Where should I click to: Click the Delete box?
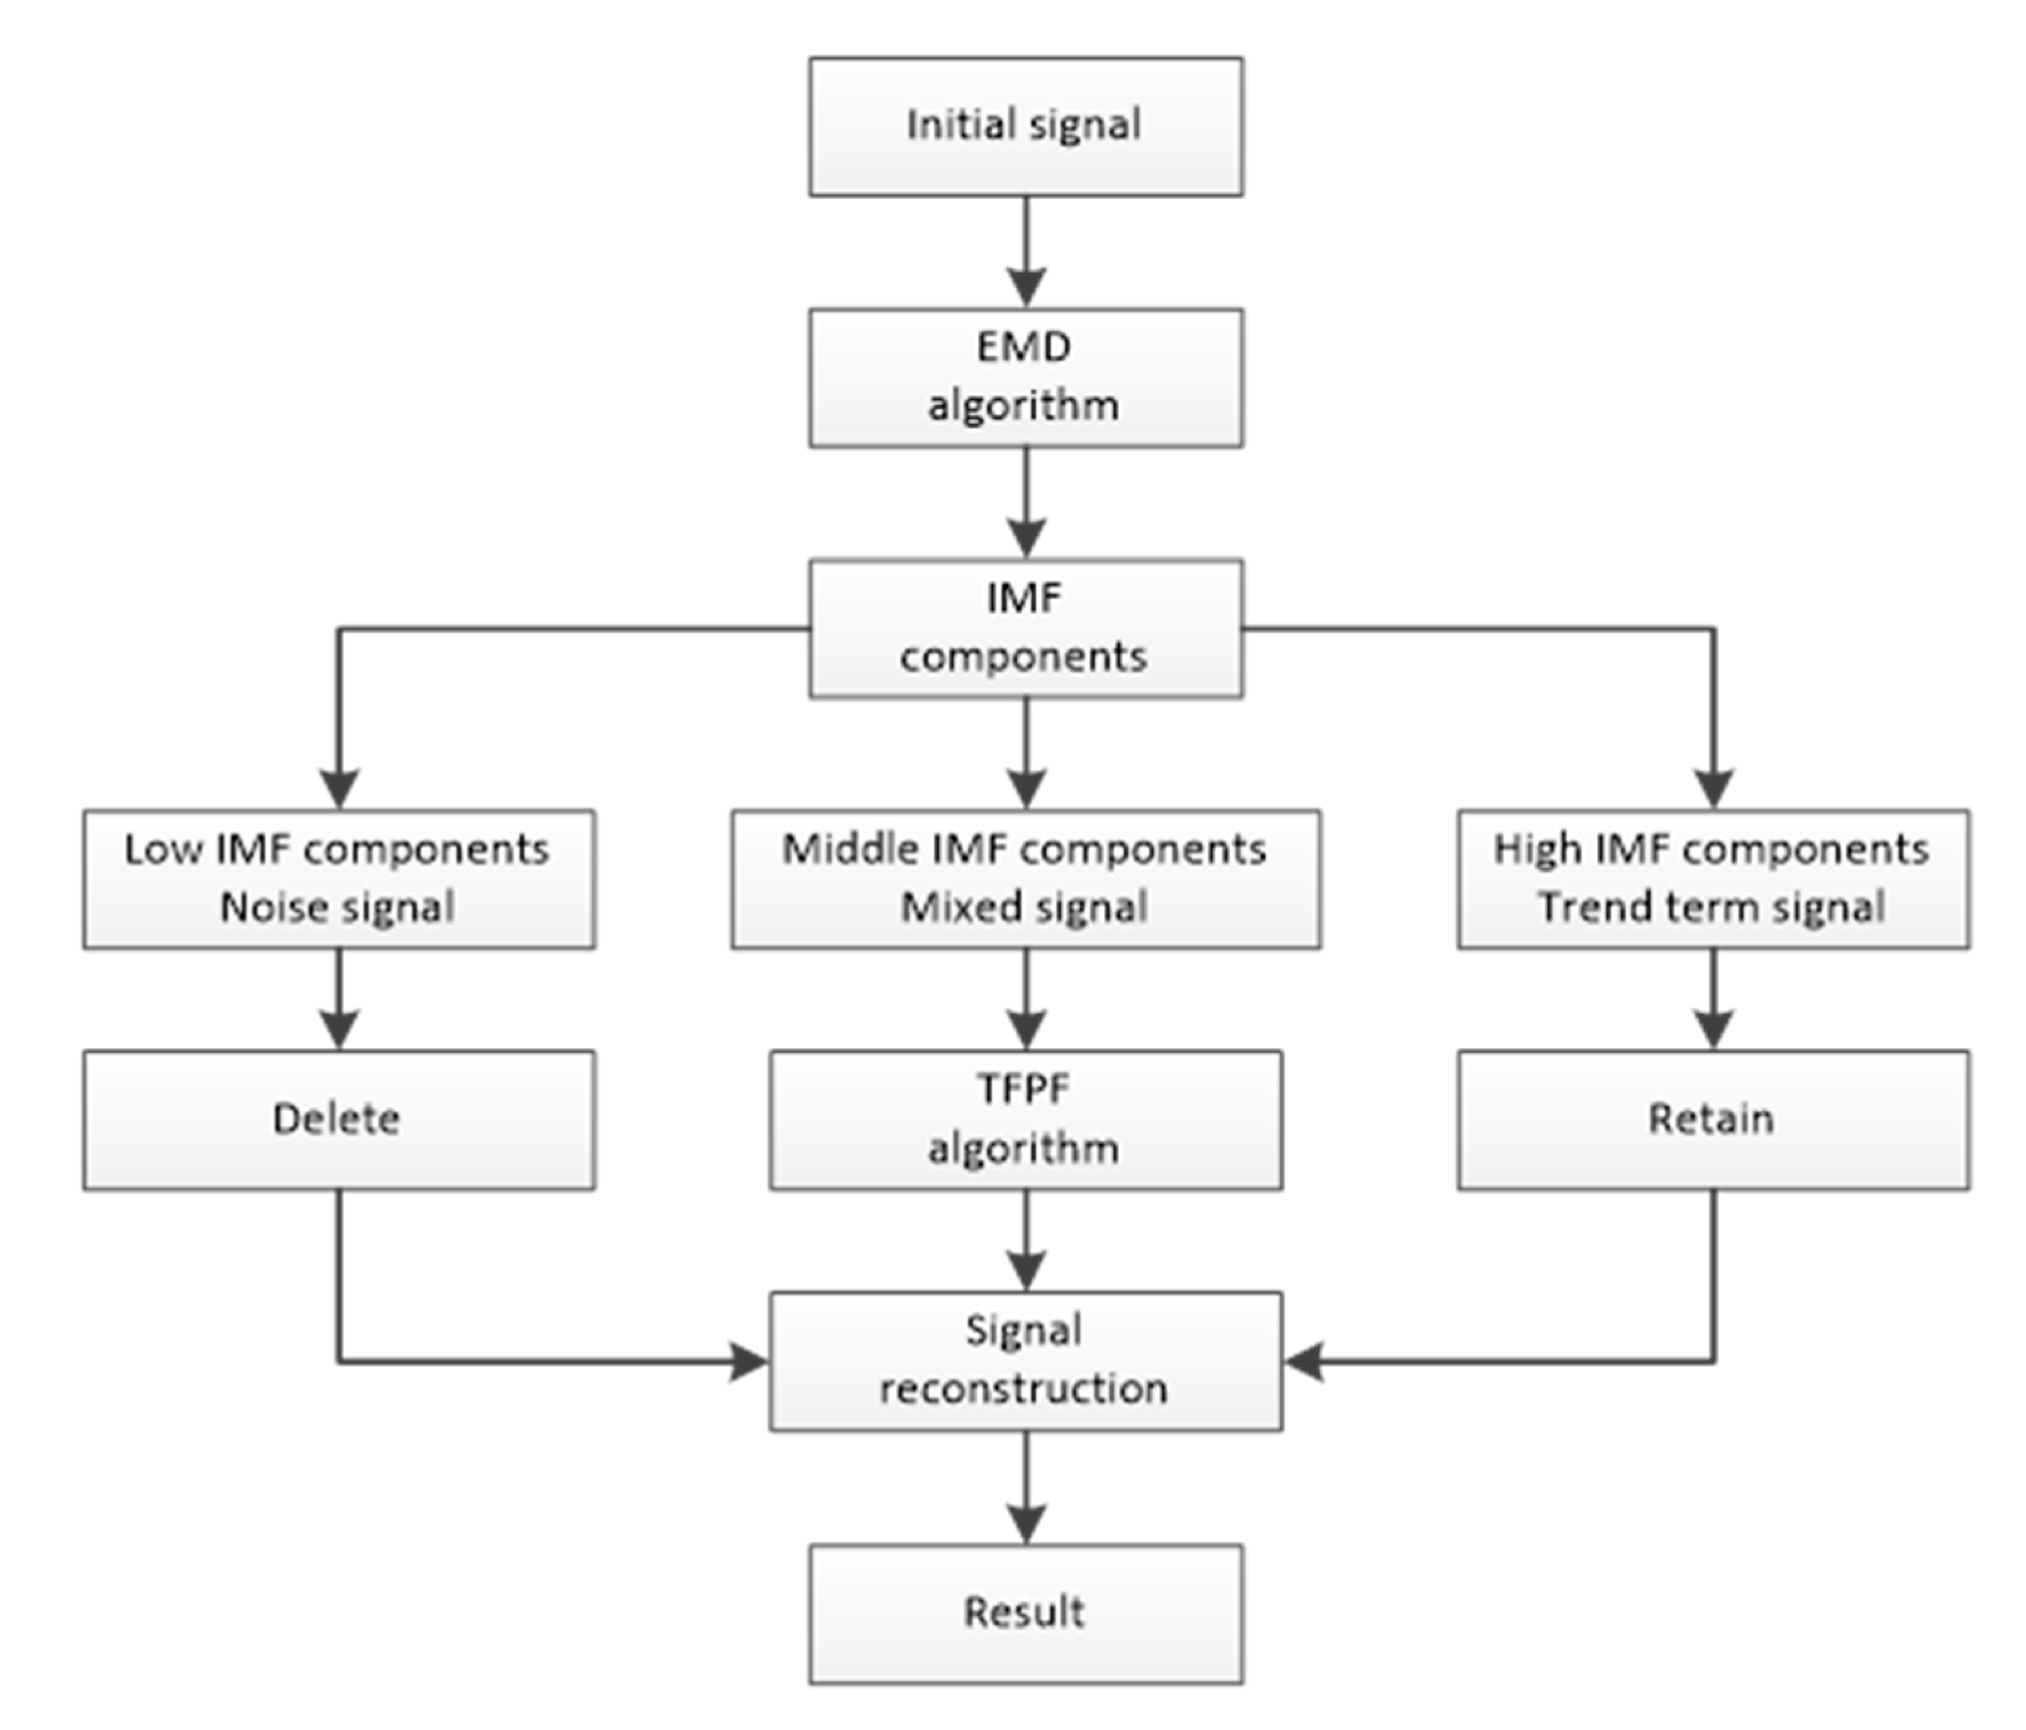tap(338, 1120)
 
